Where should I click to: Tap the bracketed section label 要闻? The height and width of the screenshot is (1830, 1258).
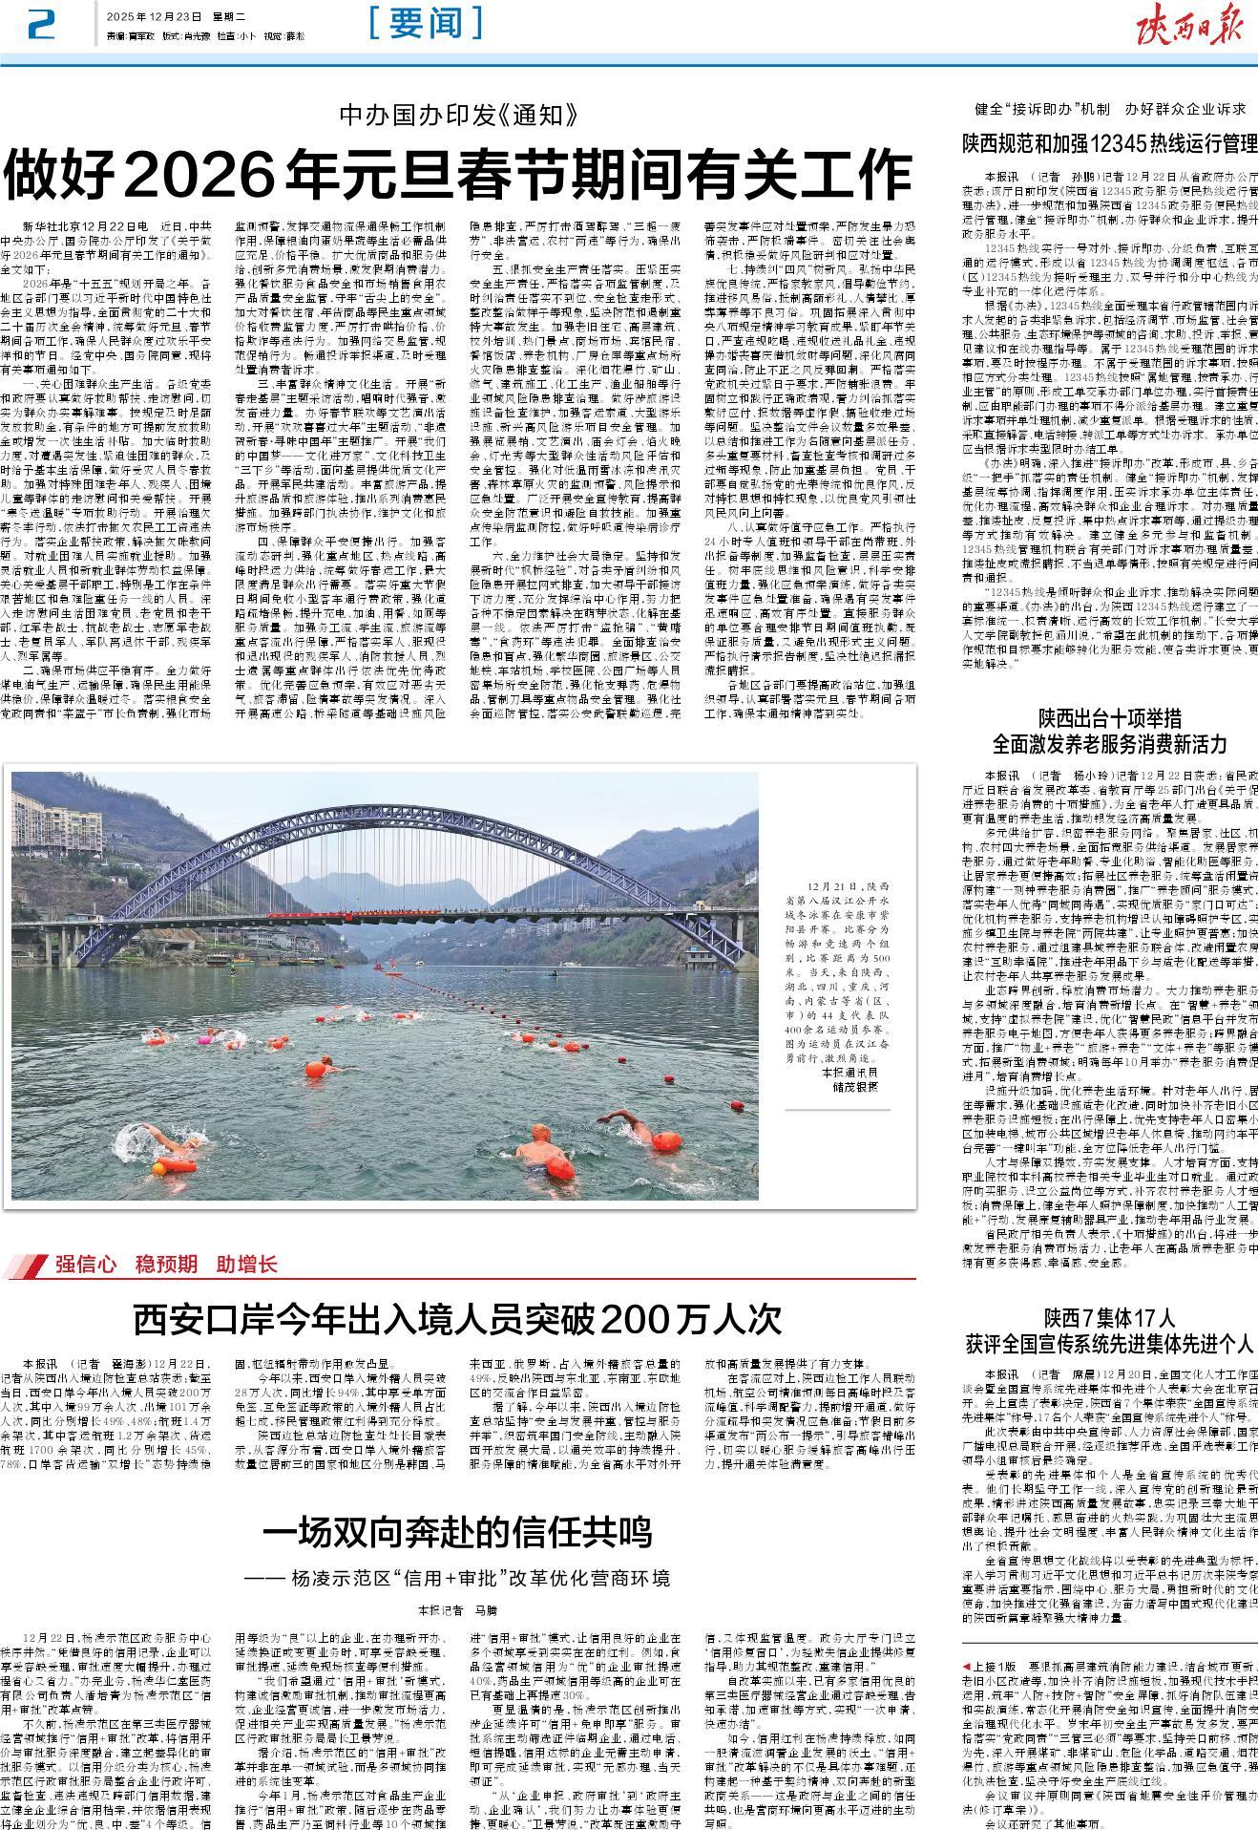(425, 24)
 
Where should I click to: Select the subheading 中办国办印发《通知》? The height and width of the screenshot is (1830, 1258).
(459, 117)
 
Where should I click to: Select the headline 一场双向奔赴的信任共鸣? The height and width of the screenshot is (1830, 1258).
(457, 1532)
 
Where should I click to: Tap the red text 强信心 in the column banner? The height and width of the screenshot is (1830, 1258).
(85, 1264)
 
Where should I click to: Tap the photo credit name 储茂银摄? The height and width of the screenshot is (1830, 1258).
(854, 1087)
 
